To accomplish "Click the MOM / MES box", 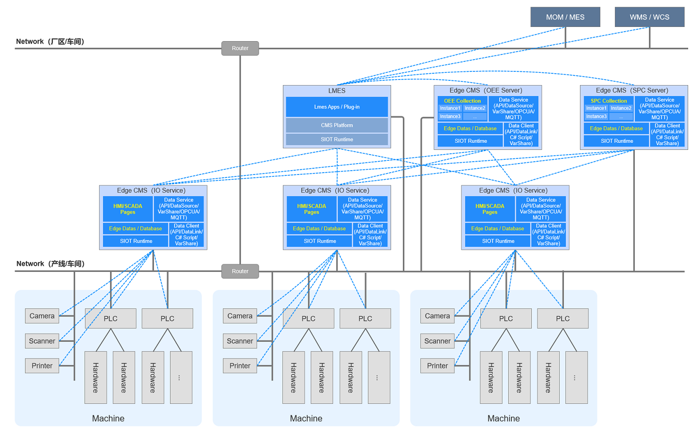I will click(x=565, y=17).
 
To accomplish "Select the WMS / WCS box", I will click(x=649, y=17).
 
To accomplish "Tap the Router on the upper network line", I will click(x=240, y=48).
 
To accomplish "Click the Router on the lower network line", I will click(x=240, y=271).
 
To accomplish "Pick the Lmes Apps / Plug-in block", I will click(x=337, y=107).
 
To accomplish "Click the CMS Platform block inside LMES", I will click(x=337, y=125).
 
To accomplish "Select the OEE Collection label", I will click(x=462, y=101).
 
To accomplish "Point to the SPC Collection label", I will click(x=609, y=101).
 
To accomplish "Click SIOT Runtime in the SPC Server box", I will click(x=617, y=141).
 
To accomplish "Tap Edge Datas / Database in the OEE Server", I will click(x=470, y=129).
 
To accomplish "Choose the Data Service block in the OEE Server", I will click(x=513, y=109).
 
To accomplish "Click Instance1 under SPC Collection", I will click(x=597, y=108).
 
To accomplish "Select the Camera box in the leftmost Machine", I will click(x=42, y=316).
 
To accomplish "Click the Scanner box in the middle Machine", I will click(x=240, y=341).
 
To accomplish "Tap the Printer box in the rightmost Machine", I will click(x=437, y=365).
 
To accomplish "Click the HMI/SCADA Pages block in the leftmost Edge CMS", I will click(x=128, y=209).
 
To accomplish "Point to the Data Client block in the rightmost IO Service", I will click(x=548, y=235).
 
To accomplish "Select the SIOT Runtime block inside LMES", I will click(x=337, y=139).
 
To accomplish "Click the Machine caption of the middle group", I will click(x=306, y=418).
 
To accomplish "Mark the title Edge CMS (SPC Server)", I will click(x=632, y=90).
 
